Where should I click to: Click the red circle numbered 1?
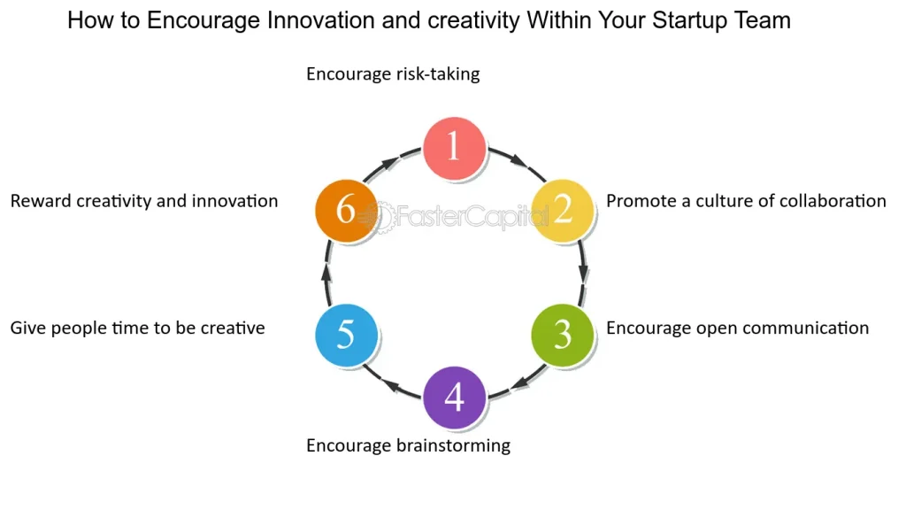(454, 148)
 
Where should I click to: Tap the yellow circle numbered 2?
(562, 211)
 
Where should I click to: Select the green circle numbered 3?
(562, 336)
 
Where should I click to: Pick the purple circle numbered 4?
(454, 398)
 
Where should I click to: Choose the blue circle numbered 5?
(346, 336)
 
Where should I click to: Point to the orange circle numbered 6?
(346, 211)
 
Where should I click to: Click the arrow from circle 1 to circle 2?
(518, 161)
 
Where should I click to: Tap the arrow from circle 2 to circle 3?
(582, 273)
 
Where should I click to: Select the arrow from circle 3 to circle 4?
(519, 384)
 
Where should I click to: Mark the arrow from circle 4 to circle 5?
(390, 384)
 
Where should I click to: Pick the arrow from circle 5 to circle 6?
(327, 273)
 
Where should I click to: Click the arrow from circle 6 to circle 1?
(390, 162)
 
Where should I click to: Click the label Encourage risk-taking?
(393, 74)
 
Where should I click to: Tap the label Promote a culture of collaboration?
(746, 201)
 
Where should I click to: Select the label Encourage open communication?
(737, 328)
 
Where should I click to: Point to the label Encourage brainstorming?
(408, 446)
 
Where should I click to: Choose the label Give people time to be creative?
(137, 328)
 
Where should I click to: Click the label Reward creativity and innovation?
(144, 201)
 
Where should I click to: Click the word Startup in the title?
(690, 21)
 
